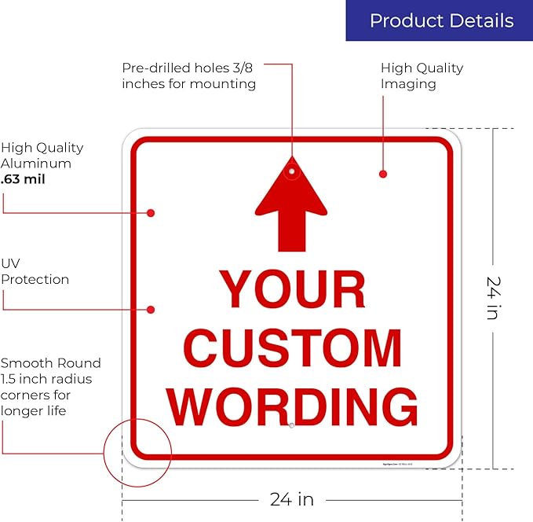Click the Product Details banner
click(439, 20)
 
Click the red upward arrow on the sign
click(291, 204)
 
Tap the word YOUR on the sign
click(292, 289)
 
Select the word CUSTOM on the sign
click(293, 348)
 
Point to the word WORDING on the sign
click(292, 406)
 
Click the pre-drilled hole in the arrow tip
click(292, 171)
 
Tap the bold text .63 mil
click(23, 179)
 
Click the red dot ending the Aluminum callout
click(151, 213)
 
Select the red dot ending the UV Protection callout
click(151, 310)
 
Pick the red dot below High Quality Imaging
click(383, 175)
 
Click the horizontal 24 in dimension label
click(292, 499)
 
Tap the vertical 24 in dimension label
click(494, 298)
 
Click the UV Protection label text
click(35, 271)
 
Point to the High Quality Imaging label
click(422, 75)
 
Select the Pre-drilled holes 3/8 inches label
click(189, 75)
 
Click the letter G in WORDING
click(399, 406)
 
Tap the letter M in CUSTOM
click(382, 348)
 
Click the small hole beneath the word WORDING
click(291, 425)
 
